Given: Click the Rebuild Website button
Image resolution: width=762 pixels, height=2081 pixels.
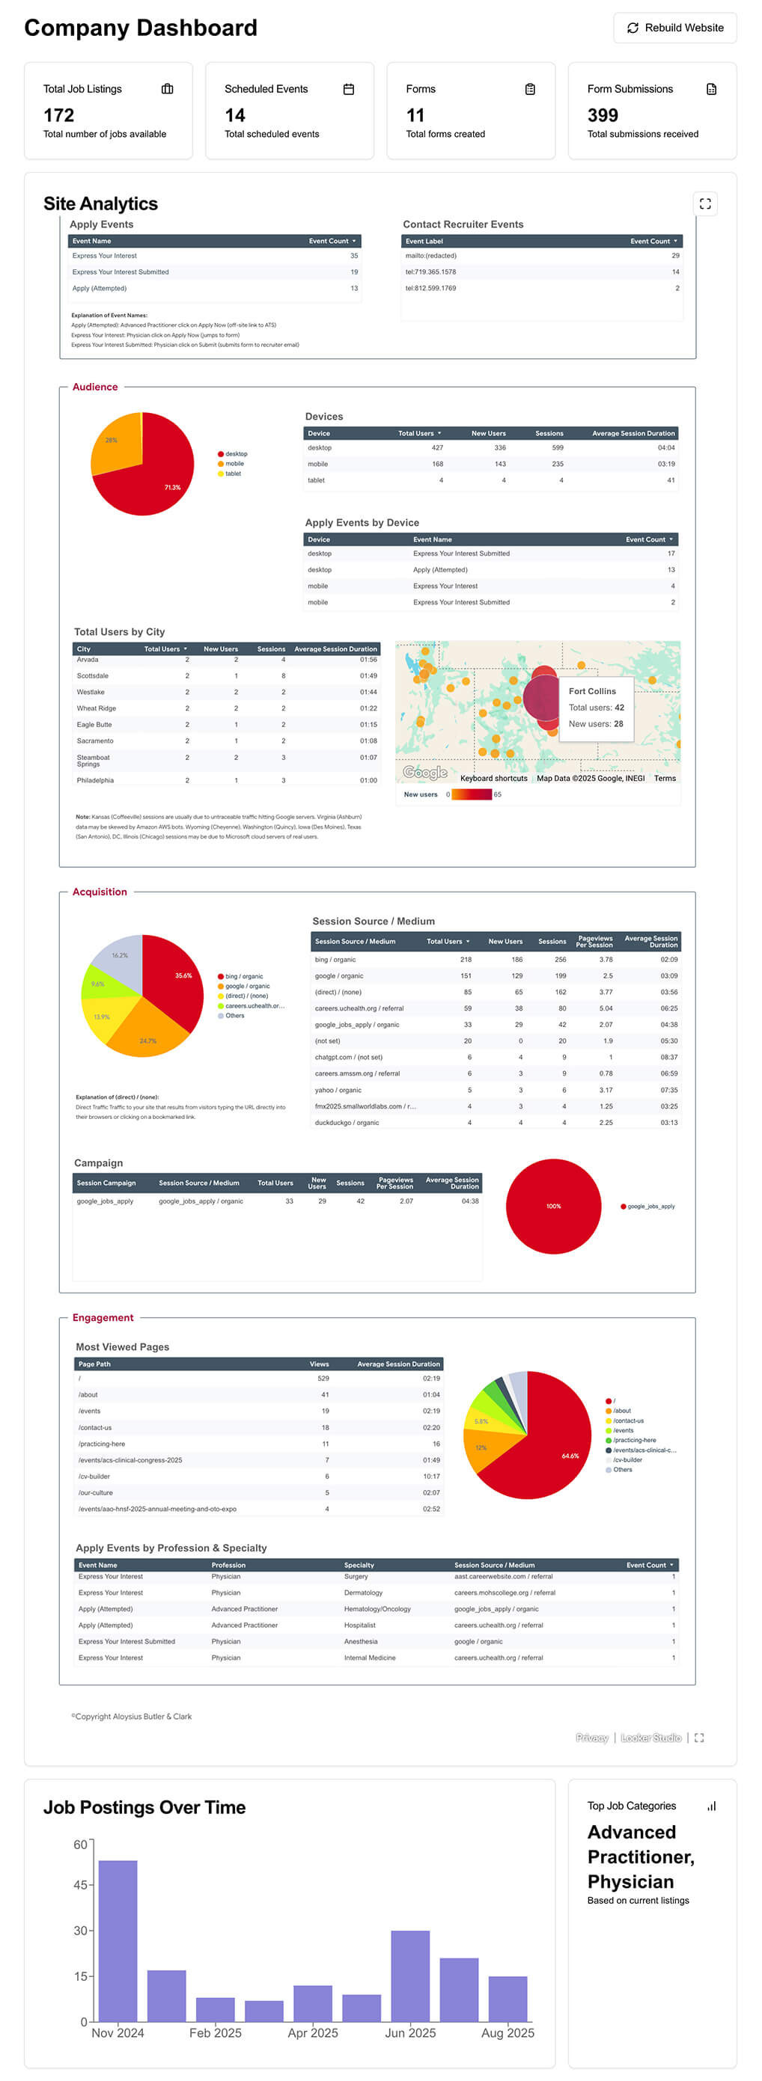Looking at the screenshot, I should pyautogui.click(x=674, y=28).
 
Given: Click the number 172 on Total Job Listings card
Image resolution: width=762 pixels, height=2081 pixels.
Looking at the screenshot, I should pyautogui.click(x=59, y=115).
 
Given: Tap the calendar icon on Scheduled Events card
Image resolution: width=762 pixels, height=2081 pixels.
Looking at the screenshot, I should pyautogui.click(x=348, y=89).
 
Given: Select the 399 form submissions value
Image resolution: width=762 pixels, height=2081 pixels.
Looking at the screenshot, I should pyautogui.click(x=602, y=115).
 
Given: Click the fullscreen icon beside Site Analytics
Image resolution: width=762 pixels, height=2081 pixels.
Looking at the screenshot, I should pyautogui.click(x=704, y=203).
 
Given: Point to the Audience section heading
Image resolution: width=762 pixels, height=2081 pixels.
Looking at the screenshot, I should pyautogui.click(x=94, y=387).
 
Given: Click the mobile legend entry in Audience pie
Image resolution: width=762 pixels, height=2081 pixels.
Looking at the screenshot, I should pyautogui.click(x=234, y=464).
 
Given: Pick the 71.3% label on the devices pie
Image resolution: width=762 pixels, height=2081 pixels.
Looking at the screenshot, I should pyautogui.click(x=172, y=487).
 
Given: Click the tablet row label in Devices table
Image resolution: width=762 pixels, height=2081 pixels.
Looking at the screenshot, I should pyautogui.click(x=316, y=480).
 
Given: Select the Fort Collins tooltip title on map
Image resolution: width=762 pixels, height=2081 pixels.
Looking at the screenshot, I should pyautogui.click(x=591, y=691).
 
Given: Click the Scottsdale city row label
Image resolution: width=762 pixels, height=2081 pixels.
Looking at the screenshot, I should pyautogui.click(x=92, y=675).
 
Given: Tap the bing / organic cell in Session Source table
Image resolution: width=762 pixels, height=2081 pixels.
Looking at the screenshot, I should pyautogui.click(x=335, y=960).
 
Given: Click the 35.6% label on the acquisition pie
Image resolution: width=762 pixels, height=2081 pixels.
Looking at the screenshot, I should pyautogui.click(x=183, y=975).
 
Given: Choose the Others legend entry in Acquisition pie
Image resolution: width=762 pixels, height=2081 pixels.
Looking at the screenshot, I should pyautogui.click(x=234, y=1016).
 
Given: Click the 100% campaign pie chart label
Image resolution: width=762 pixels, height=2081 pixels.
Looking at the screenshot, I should pyautogui.click(x=552, y=1206).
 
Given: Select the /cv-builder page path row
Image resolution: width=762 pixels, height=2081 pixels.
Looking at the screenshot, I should pyautogui.click(x=94, y=1476).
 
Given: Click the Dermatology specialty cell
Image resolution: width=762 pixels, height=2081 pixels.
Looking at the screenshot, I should pyautogui.click(x=363, y=1593).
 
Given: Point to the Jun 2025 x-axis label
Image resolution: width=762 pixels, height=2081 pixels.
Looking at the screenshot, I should pyautogui.click(x=409, y=2033).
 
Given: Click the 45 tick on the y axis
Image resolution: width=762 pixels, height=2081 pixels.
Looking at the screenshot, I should pyautogui.click(x=80, y=1885).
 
